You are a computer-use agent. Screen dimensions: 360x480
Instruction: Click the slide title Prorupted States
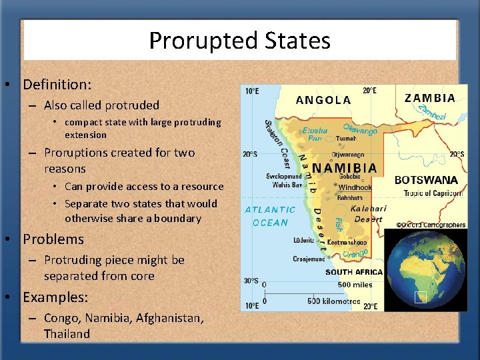[x=239, y=41]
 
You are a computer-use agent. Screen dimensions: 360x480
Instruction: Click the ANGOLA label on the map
[x=323, y=100]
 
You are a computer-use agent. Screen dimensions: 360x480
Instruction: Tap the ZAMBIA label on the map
[x=430, y=97]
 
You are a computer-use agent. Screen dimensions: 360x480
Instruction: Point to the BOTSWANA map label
[x=426, y=180]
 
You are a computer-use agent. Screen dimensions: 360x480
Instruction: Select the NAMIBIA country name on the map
[x=344, y=168]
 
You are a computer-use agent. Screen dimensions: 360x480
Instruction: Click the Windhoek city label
[x=355, y=187]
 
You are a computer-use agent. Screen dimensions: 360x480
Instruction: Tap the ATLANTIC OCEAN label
[x=271, y=216]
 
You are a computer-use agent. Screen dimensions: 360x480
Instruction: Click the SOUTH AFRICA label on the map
[x=354, y=272]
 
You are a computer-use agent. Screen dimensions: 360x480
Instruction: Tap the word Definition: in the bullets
[x=57, y=85]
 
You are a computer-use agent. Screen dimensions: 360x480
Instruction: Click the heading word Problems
[x=53, y=239]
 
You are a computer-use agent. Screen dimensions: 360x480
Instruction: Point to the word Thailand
[x=67, y=333]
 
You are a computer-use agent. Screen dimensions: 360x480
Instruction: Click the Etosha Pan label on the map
[x=315, y=134]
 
